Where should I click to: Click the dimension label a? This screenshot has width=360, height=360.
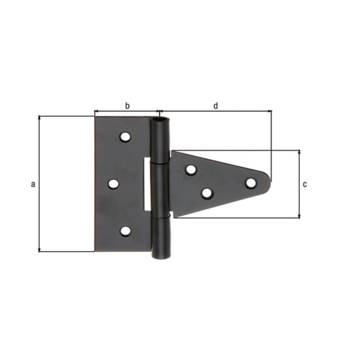33,184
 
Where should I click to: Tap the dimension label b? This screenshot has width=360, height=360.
127,105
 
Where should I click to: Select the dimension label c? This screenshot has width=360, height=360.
305,184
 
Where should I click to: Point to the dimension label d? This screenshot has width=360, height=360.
215,105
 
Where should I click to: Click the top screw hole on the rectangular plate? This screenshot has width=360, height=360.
125,137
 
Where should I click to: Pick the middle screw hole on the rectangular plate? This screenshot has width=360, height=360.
113,184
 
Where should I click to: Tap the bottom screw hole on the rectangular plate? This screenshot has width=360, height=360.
125,231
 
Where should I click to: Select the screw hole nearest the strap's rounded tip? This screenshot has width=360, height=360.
251,183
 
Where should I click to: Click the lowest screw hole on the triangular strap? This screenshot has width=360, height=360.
207,193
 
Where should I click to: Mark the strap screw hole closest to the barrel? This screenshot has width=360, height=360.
191,170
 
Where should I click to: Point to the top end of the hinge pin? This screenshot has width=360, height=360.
159,121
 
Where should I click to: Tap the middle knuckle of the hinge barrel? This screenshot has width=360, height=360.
159,188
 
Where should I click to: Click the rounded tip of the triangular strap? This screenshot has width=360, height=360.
268,182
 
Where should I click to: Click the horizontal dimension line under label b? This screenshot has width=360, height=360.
127,111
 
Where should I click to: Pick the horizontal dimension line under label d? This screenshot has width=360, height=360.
215,111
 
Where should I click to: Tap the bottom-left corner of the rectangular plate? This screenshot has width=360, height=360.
96,251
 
